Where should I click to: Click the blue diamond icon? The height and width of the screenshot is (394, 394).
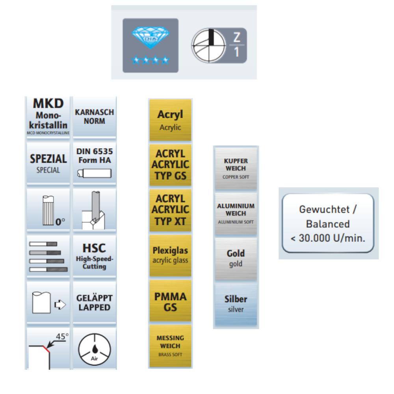coord(150,45)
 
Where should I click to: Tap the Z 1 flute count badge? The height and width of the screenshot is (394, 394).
coord(219,45)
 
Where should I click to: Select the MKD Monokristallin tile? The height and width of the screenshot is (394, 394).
coord(48,117)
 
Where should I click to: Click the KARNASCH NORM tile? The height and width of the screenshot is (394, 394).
coord(95,117)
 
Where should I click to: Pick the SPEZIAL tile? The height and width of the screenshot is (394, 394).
coord(48,163)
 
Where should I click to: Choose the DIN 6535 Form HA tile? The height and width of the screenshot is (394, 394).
coord(95,163)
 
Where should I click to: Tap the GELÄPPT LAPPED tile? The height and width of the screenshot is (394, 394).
coord(95,303)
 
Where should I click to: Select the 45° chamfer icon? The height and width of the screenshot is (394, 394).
coord(48,348)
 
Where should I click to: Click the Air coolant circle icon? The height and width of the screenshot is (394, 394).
coord(95,348)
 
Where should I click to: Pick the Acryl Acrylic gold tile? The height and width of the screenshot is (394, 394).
coord(170,120)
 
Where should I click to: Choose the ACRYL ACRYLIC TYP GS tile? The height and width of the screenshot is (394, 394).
coord(170,165)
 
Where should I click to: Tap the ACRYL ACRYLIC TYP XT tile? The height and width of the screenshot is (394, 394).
coord(170,210)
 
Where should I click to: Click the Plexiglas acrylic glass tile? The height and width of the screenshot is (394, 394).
coord(170,255)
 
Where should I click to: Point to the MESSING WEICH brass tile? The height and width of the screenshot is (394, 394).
coord(170,346)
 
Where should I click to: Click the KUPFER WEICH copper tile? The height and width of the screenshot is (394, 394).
coord(236,169)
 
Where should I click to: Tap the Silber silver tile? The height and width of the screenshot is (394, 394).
coord(236,304)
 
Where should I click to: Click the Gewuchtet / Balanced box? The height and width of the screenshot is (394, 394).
coord(328,223)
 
